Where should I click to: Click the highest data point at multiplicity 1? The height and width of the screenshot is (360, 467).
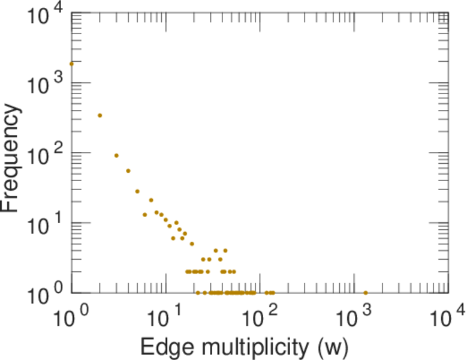71,64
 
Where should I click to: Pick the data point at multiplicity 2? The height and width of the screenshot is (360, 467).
100,115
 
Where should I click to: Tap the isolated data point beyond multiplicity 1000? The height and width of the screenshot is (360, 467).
366,293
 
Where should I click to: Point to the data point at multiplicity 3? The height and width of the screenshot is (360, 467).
116,155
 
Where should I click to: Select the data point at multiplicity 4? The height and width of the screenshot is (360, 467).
128,171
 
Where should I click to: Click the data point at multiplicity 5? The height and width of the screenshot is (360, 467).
137,191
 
